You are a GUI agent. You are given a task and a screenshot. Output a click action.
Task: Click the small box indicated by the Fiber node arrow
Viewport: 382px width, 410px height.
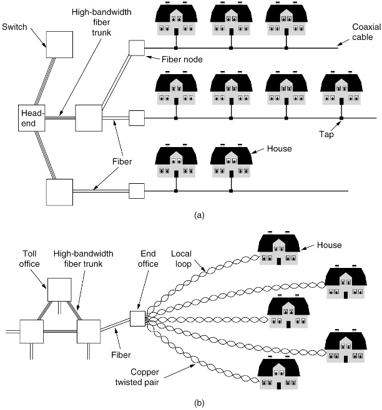[x=137, y=47]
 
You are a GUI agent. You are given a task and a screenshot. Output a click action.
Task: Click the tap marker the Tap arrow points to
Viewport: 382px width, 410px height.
[x=341, y=118]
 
